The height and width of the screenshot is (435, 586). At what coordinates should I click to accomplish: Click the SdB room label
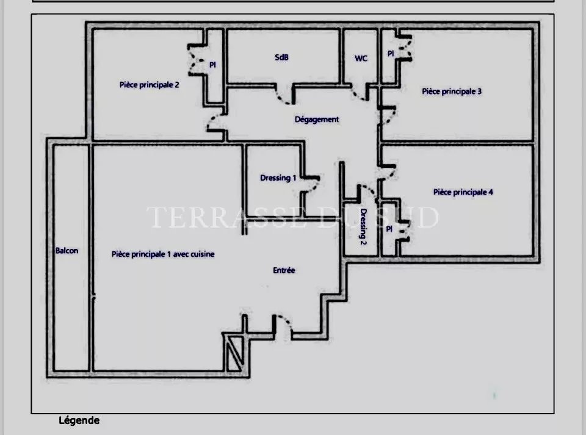pyautogui.click(x=281, y=57)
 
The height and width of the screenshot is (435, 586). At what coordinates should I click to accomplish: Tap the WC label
pyautogui.click(x=361, y=58)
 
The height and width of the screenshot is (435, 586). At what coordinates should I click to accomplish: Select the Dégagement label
pyautogui.click(x=317, y=120)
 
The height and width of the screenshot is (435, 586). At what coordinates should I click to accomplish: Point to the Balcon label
pyautogui.click(x=67, y=251)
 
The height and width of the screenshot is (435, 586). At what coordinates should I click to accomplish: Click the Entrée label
pyautogui.click(x=284, y=270)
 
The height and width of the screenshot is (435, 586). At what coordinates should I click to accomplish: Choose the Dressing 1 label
pyautogui.click(x=278, y=178)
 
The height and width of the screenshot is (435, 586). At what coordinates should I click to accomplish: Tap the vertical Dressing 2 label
pyautogui.click(x=363, y=226)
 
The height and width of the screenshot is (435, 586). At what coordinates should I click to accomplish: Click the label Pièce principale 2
pyautogui.click(x=149, y=85)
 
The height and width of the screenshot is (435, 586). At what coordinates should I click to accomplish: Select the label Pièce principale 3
pyautogui.click(x=452, y=91)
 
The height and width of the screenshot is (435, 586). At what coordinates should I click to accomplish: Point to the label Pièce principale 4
pyautogui.click(x=463, y=192)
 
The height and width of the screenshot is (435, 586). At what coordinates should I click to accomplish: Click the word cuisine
pyautogui.click(x=203, y=254)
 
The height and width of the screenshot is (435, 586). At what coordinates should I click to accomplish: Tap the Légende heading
pyautogui.click(x=79, y=420)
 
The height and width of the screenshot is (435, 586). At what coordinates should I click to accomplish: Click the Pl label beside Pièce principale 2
pyautogui.click(x=212, y=65)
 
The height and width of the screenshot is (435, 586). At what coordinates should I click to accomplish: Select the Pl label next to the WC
pyautogui.click(x=391, y=54)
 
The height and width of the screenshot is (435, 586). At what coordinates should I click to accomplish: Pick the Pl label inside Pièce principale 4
pyautogui.click(x=389, y=229)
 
